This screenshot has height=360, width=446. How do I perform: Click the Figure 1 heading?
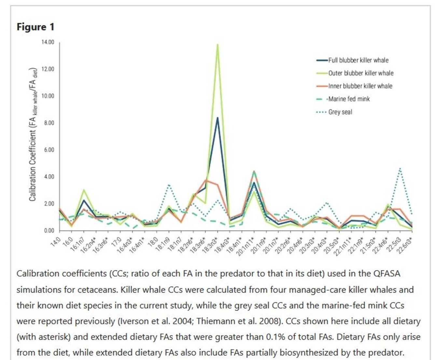click(x=35, y=27)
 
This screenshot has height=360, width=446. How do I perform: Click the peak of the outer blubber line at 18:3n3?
click(x=217, y=45)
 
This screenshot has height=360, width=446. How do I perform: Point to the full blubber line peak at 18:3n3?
click(x=217, y=118)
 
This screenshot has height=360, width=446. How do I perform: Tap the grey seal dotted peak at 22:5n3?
click(x=400, y=169)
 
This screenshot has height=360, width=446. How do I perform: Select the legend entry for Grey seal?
click(x=340, y=112)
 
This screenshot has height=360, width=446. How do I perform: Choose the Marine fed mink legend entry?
click(x=349, y=99)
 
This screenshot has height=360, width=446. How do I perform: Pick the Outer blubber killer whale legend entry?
click(x=360, y=73)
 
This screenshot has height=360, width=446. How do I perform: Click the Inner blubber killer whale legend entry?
click(x=360, y=86)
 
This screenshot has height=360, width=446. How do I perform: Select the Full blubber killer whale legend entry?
click(x=358, y=60)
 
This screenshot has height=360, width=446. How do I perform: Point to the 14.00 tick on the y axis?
click(x=48, y=42)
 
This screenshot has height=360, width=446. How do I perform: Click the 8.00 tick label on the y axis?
click(x=49, y=123)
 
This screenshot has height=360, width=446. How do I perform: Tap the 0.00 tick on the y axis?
click(x=49, y=231)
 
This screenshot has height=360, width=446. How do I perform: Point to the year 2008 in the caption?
click(x=272, y=321)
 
